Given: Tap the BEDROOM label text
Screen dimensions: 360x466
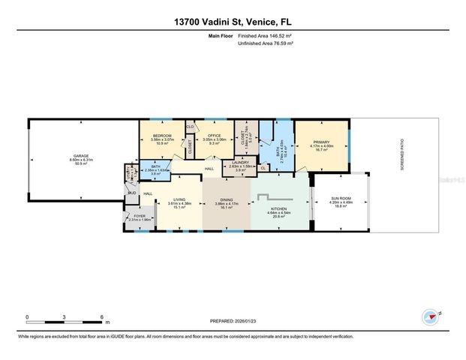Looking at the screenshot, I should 161,136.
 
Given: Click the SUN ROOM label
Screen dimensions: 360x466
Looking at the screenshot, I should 341,199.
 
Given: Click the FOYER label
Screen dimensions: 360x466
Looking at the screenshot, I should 140,216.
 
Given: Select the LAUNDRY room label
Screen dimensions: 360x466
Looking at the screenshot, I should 240,162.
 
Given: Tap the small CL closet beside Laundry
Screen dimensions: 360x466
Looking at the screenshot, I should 263,168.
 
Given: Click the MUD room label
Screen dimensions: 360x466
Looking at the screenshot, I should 131,193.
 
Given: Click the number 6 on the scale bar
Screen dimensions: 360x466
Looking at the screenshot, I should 101,317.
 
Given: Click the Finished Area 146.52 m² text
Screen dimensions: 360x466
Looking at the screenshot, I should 265,34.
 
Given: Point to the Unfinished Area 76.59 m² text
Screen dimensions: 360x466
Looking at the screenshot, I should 265,43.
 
